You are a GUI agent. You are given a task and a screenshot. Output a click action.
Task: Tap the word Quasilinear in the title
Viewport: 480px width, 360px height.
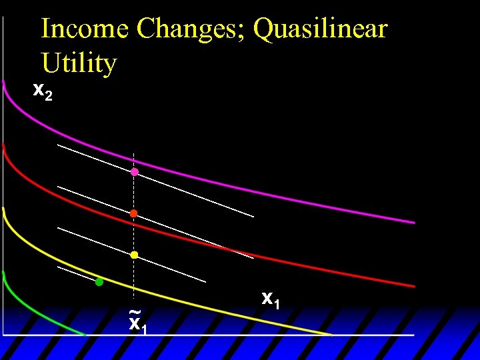click(321, 29)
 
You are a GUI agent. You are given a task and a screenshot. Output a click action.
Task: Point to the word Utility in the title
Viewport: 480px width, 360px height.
click(79, 63)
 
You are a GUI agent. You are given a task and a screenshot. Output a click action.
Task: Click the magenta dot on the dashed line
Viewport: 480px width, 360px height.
click(134, 172)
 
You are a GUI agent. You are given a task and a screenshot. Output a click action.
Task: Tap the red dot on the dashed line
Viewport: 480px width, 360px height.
click(133, 213)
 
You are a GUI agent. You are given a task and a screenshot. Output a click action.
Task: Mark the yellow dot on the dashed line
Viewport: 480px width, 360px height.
click(134, 255)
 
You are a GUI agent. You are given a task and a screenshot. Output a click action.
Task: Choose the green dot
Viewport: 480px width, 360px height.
click(99, 282)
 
